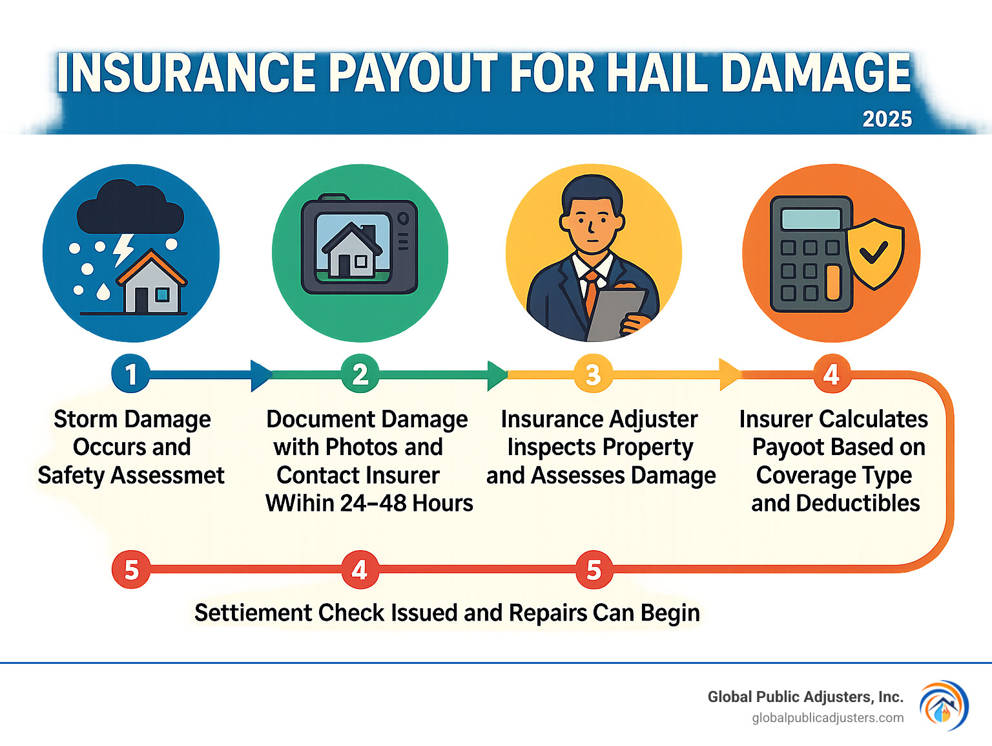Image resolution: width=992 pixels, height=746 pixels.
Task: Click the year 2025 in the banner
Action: [887, 119]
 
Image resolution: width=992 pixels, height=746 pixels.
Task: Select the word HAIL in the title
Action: [656, 73]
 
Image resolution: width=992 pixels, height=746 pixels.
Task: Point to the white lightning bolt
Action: [123, 250]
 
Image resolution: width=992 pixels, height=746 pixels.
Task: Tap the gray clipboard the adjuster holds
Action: [615, 315]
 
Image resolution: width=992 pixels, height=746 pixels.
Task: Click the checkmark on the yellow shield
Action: [874, 252]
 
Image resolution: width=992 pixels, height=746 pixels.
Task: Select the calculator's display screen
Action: [811, 219]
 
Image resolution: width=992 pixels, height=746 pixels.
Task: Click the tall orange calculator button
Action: [833, 282]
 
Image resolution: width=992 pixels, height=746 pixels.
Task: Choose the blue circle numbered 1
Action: [130, 374]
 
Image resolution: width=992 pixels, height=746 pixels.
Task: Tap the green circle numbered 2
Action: [360, 374]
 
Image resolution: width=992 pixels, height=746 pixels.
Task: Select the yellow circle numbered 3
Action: [594, 374]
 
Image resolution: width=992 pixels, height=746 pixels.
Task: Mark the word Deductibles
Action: [858, 504]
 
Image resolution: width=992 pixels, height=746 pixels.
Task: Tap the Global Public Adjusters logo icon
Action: [944, 705]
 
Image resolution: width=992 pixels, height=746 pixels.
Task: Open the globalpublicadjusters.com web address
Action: [828, 718]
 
